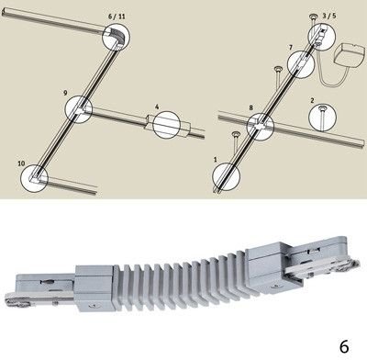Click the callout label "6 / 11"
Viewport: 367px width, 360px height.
[117, 17]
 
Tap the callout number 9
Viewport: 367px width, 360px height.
[65, 93]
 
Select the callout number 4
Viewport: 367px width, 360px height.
[157, 107]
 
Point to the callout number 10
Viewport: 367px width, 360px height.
[21, 163]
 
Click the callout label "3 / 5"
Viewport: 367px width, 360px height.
[329, 16]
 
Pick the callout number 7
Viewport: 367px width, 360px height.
[291, 48]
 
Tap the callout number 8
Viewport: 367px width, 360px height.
[251, 107]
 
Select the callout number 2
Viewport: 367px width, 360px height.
[312, 100]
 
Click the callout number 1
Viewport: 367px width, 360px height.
[216, 160]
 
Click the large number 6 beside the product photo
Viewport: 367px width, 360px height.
[344, 346]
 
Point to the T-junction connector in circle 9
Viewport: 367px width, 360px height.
[80, 109]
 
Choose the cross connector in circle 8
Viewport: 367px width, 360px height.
[261, 126]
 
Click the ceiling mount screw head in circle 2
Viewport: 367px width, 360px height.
[322, 108]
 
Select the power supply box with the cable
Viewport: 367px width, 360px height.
[350, 55]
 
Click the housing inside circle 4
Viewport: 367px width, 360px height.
[168, 125]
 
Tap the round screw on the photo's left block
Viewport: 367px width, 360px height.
[91, 306]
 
